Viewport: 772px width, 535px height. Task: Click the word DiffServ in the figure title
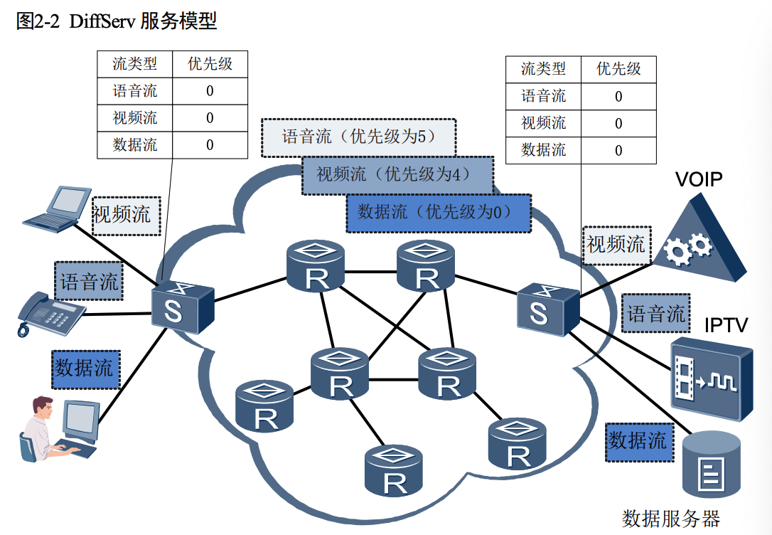coord(103,21)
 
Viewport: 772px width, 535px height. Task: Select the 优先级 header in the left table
coord(210,64)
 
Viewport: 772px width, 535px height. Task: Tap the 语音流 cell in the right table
coord(543,96)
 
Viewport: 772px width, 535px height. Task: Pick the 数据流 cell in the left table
coord(135,145)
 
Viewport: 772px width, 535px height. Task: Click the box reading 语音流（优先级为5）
coord(358,137)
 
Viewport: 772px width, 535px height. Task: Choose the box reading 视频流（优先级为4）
coord(397,174)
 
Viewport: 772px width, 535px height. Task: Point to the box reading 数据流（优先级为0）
coord(438,212)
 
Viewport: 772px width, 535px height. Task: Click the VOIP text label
coord(698,179)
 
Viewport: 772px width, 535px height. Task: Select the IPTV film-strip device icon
coord(710,379)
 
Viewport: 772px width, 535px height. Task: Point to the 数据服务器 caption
coord(671,519)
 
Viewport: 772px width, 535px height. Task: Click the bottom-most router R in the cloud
coord(394,472)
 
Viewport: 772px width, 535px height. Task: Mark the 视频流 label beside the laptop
coord(126,216)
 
